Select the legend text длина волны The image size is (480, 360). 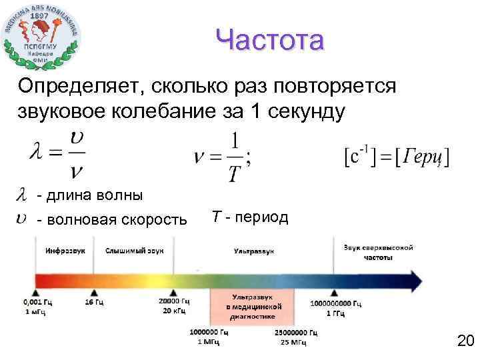[x=89, y=195]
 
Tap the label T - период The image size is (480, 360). [x=250, y=217]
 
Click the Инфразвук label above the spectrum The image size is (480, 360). [x=65, y=251]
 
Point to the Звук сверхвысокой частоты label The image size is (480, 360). [x=378, y=251]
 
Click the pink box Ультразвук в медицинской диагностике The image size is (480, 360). [x=257, y=307]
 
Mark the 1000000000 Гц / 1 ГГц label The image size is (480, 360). [x=335, y=307]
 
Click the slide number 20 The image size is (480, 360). [x=465, y=342]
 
